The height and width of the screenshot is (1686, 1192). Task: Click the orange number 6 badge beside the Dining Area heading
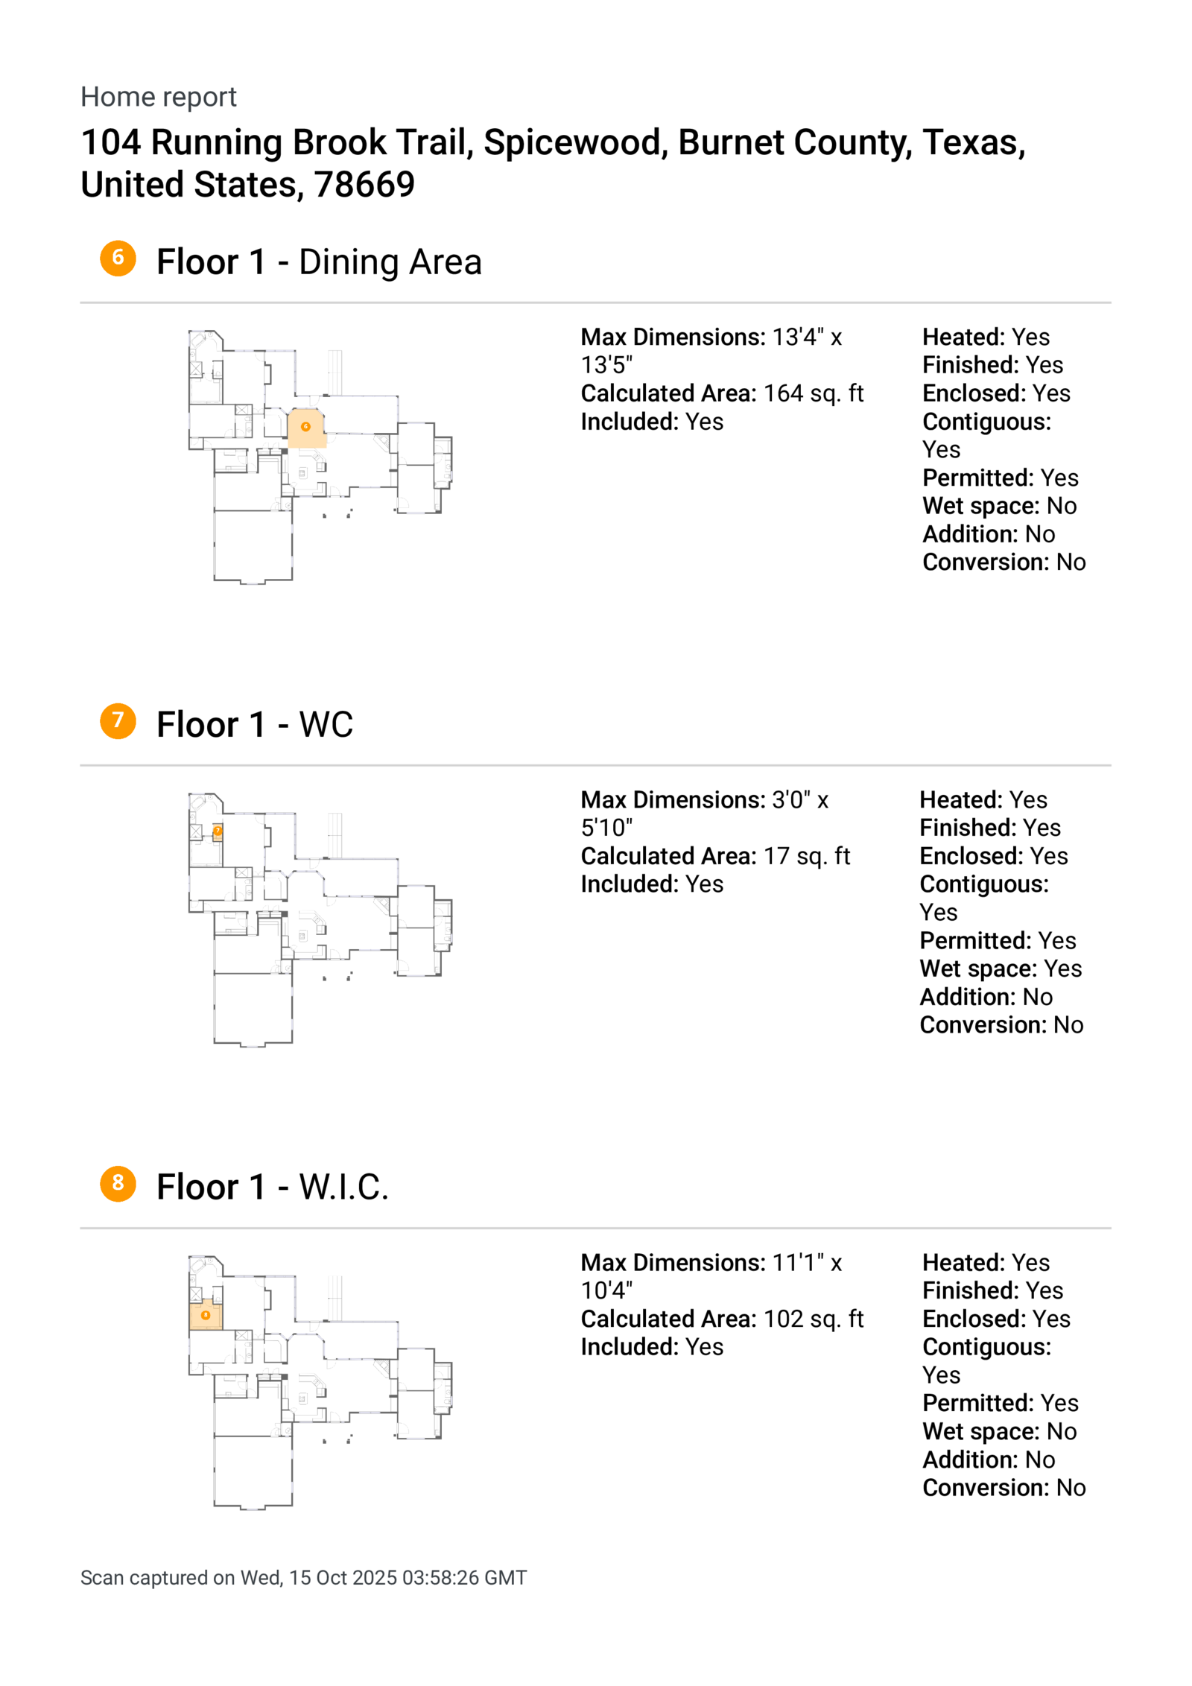click(x=118, y=258)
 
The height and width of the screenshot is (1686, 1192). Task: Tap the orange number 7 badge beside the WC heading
click(x=118, y=720)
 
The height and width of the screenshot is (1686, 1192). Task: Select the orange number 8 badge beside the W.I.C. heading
click(x=118, y=1182)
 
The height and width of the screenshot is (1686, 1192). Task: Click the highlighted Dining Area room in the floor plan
click(x=306, y=428)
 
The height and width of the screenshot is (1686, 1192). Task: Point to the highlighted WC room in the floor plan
click(x=218, y=832)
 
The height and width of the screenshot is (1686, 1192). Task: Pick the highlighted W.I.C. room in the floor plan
click(x=206, y=1316)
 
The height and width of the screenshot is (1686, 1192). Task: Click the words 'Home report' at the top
click(x=158, y=97)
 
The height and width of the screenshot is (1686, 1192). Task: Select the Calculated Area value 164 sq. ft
click(x=813, y=393)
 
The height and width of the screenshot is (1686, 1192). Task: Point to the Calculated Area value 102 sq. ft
click(x=813, y=1319)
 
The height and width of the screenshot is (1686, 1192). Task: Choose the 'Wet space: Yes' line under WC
click(x=1000, y=969)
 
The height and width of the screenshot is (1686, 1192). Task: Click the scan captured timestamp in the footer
click(x=303, y=1577)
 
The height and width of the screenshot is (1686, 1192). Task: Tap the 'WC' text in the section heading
click(x=326, y=725)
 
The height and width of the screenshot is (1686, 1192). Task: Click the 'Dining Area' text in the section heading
click(x=390, y=262)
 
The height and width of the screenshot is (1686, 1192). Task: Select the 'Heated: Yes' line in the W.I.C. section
click(x=985, y=1262)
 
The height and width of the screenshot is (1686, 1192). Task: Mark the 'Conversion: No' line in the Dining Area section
click(x=1003, y=562)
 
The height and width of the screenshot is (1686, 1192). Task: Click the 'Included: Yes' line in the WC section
click(x=651, y=884)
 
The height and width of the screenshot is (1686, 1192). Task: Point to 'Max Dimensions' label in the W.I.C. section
click(x=672, y=1262)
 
